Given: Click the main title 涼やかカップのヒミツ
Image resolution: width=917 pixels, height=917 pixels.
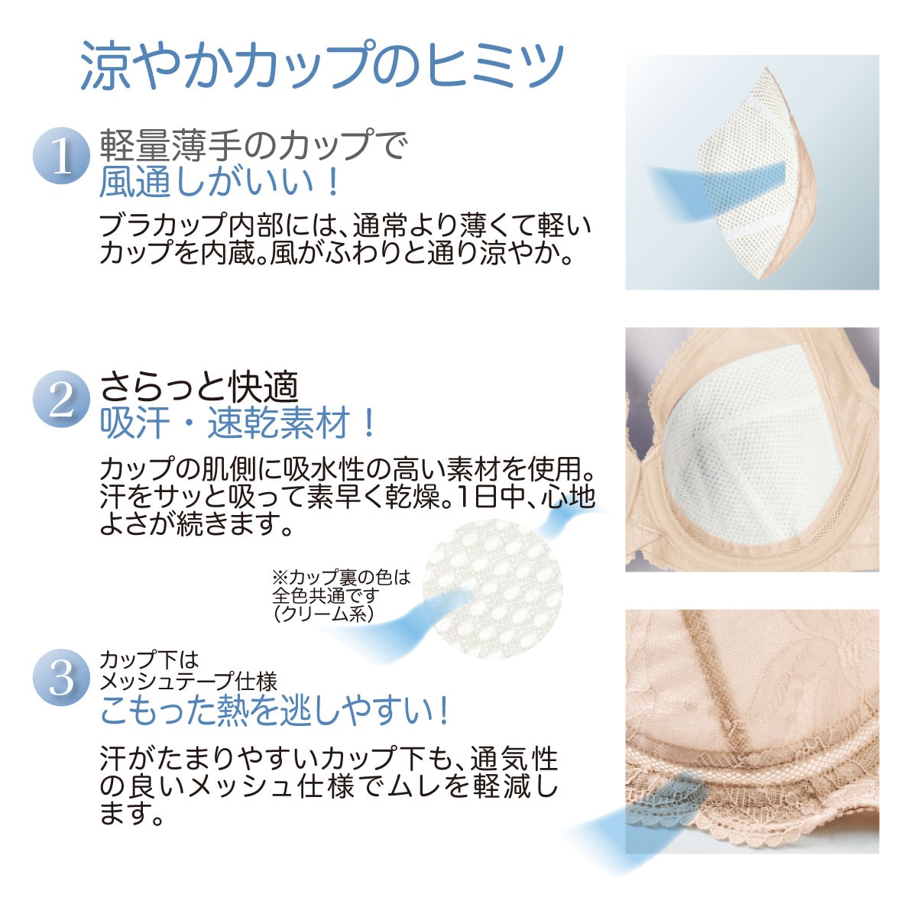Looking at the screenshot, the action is tap(322, 66).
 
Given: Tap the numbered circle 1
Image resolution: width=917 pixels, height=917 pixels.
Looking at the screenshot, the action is tap(61, 156).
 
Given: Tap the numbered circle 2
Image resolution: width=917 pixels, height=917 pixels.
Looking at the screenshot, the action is tap(61, 399).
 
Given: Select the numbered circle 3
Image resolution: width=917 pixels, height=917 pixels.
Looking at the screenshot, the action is tap(61, 678).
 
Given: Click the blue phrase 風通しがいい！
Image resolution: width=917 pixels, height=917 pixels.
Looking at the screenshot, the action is tap(220, 181).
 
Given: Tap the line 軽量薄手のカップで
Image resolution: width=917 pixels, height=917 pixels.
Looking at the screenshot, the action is tap(253, 144).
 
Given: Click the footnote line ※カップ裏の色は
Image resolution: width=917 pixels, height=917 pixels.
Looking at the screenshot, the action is tap(341, 578).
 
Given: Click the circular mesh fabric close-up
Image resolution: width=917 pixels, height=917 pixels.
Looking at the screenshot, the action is tap(493, 589).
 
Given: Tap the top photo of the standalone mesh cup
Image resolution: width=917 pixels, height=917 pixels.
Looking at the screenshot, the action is tap(752, 172).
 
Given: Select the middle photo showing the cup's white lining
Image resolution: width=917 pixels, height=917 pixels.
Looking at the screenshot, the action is tap(752, 449).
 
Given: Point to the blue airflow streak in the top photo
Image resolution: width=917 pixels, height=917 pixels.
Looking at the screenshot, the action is tap(714, 188).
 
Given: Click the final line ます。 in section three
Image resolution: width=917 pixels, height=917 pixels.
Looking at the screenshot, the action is tap(131, 815).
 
